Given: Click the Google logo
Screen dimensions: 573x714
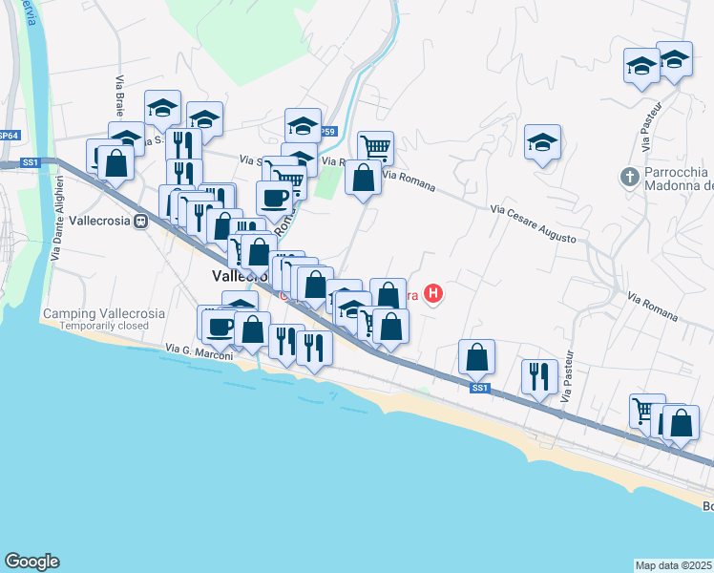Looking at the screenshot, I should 31,562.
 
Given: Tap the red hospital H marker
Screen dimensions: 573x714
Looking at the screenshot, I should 434,293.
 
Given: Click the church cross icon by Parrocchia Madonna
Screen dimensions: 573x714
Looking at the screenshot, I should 629,177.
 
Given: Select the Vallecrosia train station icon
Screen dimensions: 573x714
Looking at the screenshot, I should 140,221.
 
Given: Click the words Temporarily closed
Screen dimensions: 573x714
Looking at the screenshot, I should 103,326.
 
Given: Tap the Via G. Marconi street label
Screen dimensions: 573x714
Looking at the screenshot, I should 199,349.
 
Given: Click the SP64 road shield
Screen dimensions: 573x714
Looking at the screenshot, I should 10,136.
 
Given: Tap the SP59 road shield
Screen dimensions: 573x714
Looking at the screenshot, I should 326,132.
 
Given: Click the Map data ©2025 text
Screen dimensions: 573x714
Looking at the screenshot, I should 674,564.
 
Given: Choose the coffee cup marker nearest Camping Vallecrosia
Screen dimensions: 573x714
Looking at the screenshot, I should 220,325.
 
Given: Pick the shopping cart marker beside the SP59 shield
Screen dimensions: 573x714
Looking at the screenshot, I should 376,147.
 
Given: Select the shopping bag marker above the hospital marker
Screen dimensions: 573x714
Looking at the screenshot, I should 388,294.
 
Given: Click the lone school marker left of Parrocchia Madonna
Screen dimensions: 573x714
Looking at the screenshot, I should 542,142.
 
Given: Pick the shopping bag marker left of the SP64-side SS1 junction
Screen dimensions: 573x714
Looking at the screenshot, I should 116,162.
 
